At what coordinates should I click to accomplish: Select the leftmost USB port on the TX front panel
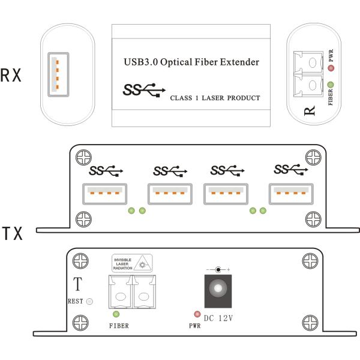pos(103,193)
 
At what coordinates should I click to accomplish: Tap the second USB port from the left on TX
pos(169,193)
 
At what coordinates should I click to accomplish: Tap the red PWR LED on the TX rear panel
pos(196,314)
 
